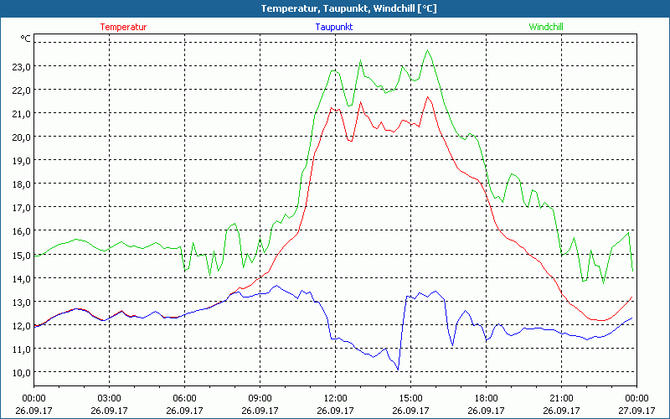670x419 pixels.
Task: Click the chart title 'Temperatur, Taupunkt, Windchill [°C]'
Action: point(336,8)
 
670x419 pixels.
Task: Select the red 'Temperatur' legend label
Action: point(123,27)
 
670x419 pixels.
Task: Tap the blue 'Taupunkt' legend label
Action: point(334,27)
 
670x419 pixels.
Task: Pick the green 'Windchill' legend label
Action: point(546,27)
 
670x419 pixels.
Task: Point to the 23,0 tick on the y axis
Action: point(20,66)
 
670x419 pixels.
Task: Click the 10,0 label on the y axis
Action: point(20,372)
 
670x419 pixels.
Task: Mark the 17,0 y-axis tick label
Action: point(20,207)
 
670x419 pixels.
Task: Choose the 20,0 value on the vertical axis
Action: point(20,137)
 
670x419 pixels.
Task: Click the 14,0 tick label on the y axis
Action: point(20,278)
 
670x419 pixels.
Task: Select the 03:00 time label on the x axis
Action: point(110,398)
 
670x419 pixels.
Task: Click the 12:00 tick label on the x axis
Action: point(335,398)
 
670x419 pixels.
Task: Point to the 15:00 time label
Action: point(410,398)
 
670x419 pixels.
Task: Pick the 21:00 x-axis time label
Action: point(561,398)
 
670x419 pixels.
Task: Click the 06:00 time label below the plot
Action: point(185,398)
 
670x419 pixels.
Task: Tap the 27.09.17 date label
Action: point(636,411)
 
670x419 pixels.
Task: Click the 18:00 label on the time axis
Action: point(486,398)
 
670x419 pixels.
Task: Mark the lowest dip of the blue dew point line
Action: point(398,370)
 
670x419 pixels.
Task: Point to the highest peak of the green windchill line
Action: point(429,50)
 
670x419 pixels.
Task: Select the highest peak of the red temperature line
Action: point(429,96)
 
